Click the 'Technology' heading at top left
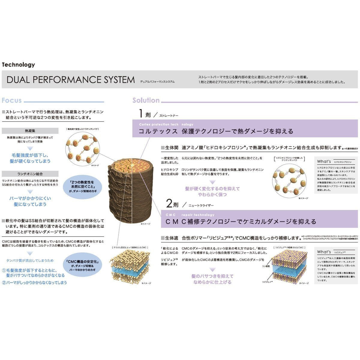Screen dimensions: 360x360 (x=18, y=64)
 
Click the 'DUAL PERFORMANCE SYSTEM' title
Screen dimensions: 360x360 (x=71, y=80)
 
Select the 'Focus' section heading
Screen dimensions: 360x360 (x=12, y=100)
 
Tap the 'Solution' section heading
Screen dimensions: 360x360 (x=146, y=100)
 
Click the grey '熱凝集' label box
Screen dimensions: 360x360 (x=30, y=131)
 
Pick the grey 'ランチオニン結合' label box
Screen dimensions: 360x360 (x=30, y=174)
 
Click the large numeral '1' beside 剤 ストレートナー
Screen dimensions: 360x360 (x=141, y=113)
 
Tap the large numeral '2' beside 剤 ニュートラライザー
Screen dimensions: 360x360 (x=169, y=204)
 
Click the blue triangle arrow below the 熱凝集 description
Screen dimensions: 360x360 (x=30, y=148)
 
